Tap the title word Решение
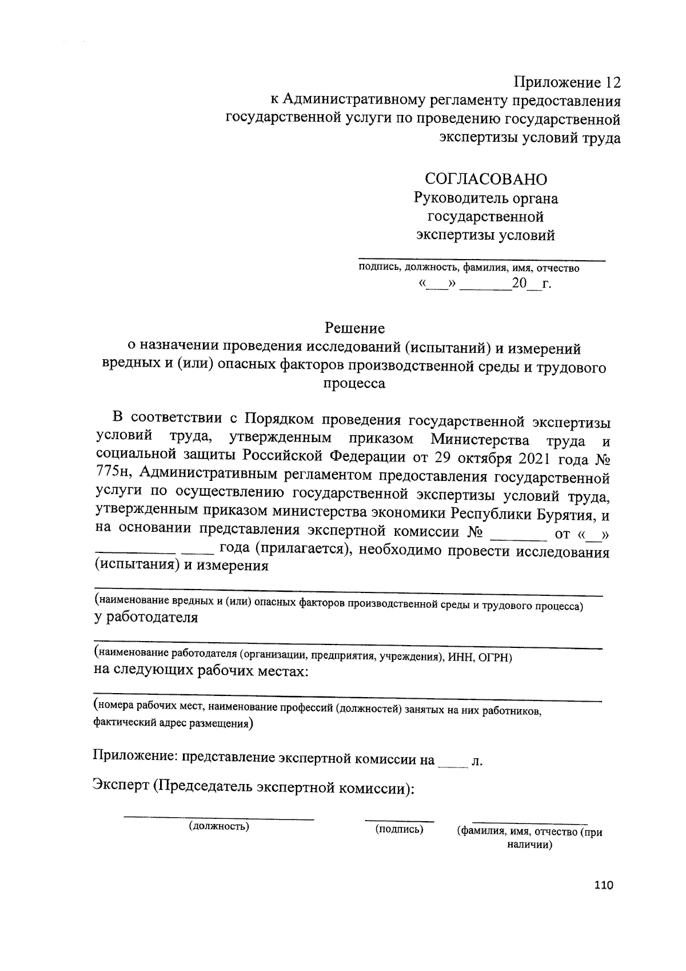[354, 328]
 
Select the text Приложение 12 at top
[567, 82]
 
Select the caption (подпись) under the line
[399, 829]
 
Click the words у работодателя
[146, 618]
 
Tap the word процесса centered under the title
[354, 384]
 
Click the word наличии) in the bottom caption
[529, 845]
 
